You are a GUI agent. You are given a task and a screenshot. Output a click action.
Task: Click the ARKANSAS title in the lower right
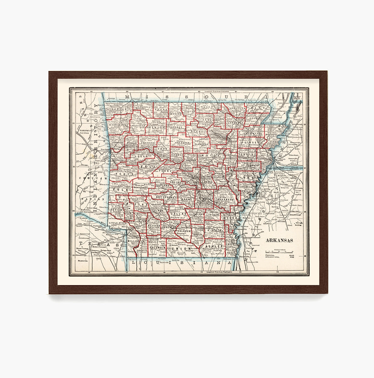point(279,240)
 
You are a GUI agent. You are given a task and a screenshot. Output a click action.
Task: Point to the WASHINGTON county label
point(119,125)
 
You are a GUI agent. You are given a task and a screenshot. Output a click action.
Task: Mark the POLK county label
point(121,190)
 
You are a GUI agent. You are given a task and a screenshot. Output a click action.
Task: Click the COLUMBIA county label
point(158,248)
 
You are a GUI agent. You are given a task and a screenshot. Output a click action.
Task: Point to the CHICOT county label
point(231,244)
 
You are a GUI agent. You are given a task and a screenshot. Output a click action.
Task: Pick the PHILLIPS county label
point(248,191)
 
